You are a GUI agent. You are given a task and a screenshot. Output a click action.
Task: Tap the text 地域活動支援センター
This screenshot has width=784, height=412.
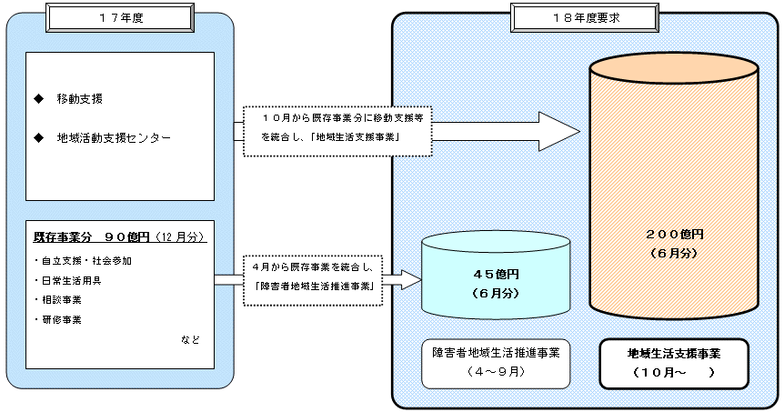(x=113, y=138)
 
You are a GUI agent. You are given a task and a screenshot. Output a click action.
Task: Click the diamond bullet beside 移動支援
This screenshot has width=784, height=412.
(x=37, y=97)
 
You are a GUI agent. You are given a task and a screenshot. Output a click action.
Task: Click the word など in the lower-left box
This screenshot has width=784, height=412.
(x=190, y=339)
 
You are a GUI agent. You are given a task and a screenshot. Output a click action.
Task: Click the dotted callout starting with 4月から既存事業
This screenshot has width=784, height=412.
(x=314, y=277)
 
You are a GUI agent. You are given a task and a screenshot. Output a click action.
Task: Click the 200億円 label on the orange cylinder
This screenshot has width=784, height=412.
(x=672, y=234)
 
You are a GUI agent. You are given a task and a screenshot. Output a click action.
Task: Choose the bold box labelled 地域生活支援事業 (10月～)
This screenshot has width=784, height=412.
(x=673, y=362)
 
